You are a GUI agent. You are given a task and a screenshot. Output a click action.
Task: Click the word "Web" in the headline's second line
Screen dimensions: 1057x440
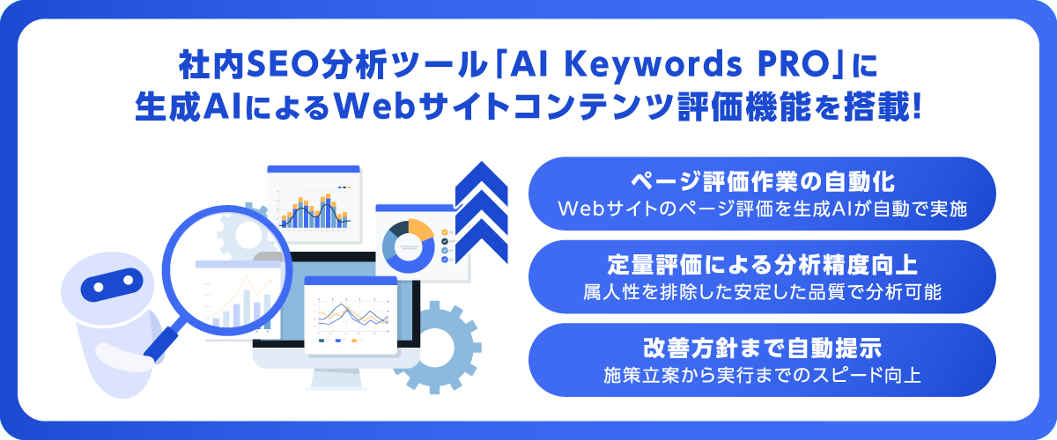tap(374, 107)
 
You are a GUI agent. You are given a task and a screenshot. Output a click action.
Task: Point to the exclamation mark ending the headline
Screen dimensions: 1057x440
tap(917, 106)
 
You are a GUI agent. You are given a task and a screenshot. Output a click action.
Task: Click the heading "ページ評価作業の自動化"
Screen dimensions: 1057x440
tap(763, 182)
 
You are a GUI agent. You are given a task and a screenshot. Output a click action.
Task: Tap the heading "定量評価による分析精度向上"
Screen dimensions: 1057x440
tap(763, 265)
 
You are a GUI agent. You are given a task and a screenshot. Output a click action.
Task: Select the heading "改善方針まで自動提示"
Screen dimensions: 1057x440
tap(763, 348)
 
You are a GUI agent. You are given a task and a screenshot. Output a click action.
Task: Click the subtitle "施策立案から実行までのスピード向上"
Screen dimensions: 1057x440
tap(763, 376)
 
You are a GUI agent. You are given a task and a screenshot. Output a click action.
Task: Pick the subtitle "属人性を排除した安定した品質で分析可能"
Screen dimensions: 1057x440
tap(763, 292)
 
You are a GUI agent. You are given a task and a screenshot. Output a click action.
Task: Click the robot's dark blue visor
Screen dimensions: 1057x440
tap(112, 284)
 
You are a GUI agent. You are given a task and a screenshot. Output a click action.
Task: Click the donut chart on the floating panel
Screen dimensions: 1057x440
tap(409, 246)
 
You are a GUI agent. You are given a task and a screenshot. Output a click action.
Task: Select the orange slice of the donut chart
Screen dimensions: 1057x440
tap(421, 229)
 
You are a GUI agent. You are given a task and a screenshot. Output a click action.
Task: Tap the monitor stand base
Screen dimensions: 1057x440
tap(336, 388)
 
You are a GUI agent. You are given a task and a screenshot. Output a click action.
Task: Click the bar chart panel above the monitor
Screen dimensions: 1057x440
tap(314, 203)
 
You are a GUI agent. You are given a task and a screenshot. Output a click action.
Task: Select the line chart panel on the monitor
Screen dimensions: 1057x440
tap(351, 315)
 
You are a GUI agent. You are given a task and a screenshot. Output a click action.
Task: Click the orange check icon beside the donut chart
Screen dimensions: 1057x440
tap(445, 232)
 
